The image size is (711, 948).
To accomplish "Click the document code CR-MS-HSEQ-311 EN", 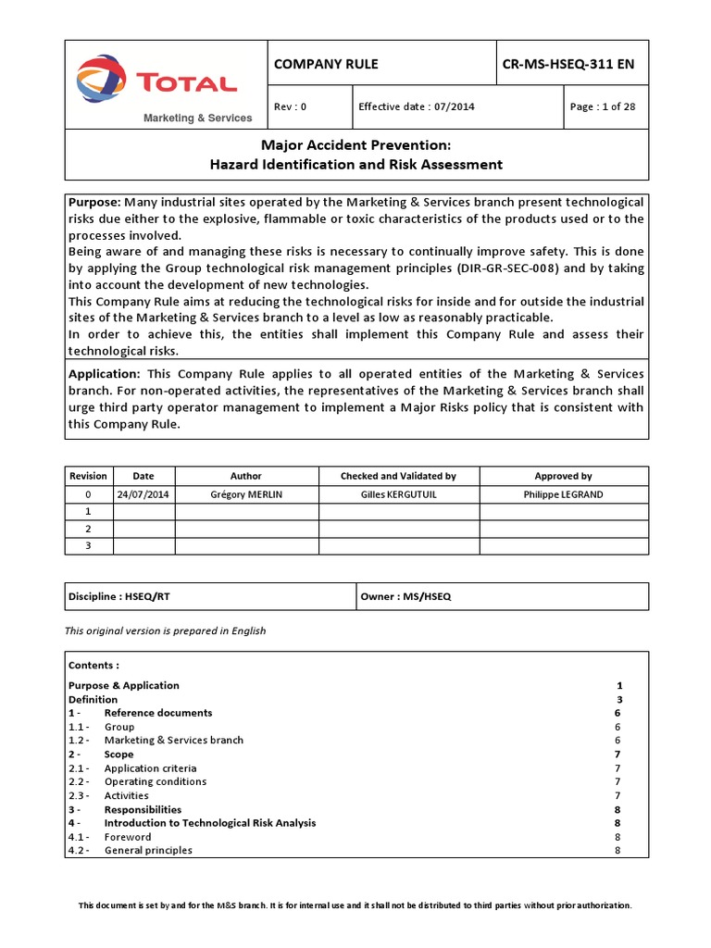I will tap(568, 64).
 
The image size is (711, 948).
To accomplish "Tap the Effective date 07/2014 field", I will tap(417, 106).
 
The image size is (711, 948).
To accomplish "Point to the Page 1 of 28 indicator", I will tap(603, 106).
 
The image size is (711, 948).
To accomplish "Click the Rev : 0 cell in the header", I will tap(290, 106).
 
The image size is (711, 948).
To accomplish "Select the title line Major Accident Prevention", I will tap(356, 144).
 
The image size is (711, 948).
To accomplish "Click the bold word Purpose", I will tap(94, 202).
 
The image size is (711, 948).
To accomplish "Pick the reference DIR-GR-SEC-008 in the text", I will tap(499, 268).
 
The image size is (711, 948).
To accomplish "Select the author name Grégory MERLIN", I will tap(246, 494).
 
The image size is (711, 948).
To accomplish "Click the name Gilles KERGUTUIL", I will tap(398, 494).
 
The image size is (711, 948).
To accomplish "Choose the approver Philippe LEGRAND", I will tap(563, 494).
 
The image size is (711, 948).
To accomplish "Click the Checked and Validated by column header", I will tap(398, 476).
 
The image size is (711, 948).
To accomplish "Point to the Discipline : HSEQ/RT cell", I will tap(118, 597).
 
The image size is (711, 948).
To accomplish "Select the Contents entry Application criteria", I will tap(150, 768).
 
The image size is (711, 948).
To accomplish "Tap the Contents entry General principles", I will tap(148, 851).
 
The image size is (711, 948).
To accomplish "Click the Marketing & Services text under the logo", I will tap(196, 118).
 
